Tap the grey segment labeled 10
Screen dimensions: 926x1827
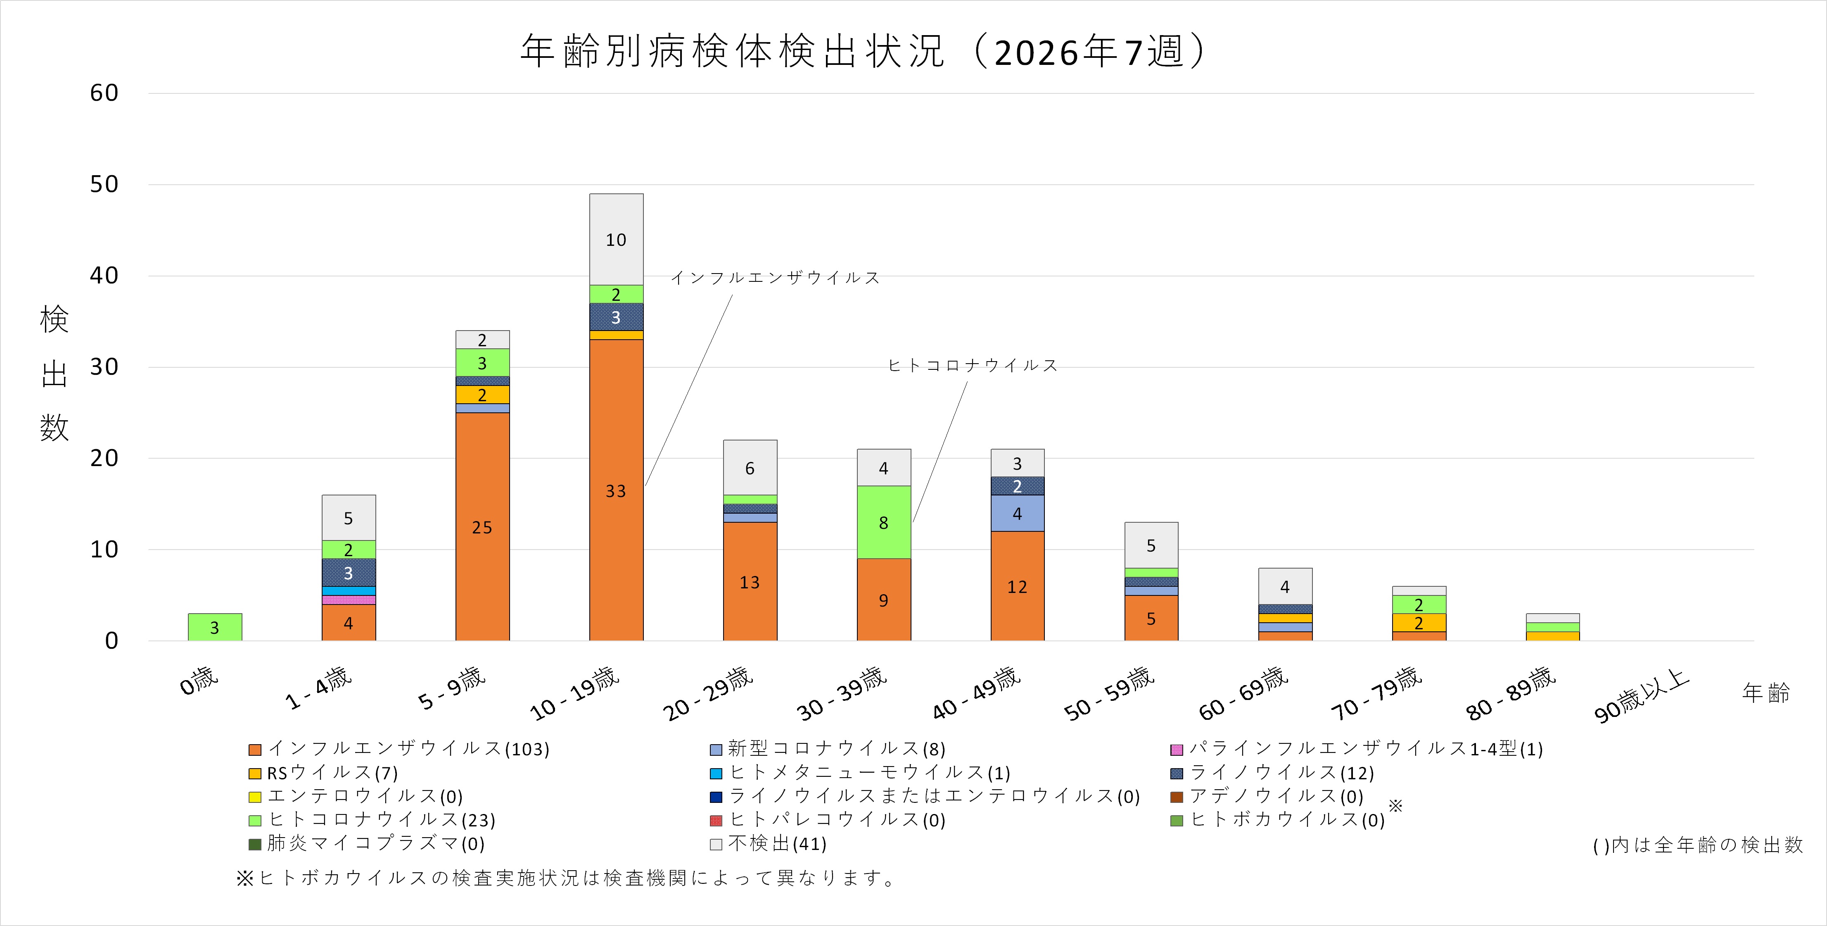pyautogui.click(x=616, y=239)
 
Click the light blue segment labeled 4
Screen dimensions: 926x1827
pyautogui.click(x=1017, y=513)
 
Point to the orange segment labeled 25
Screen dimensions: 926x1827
pyautogui.click(x=482, y=526)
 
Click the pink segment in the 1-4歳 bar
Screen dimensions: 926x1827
pyautogui.click(x=348, y=600)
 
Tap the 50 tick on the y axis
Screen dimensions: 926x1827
pyautogui.click(x=104, y=184)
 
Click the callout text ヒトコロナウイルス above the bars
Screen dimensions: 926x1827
pyautogui.click(x=973, y=365)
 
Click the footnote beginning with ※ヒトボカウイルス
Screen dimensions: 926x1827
pyautogui.click(x=565, y=878)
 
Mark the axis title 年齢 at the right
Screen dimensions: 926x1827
pyautogui.click(x=1765, y=693)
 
